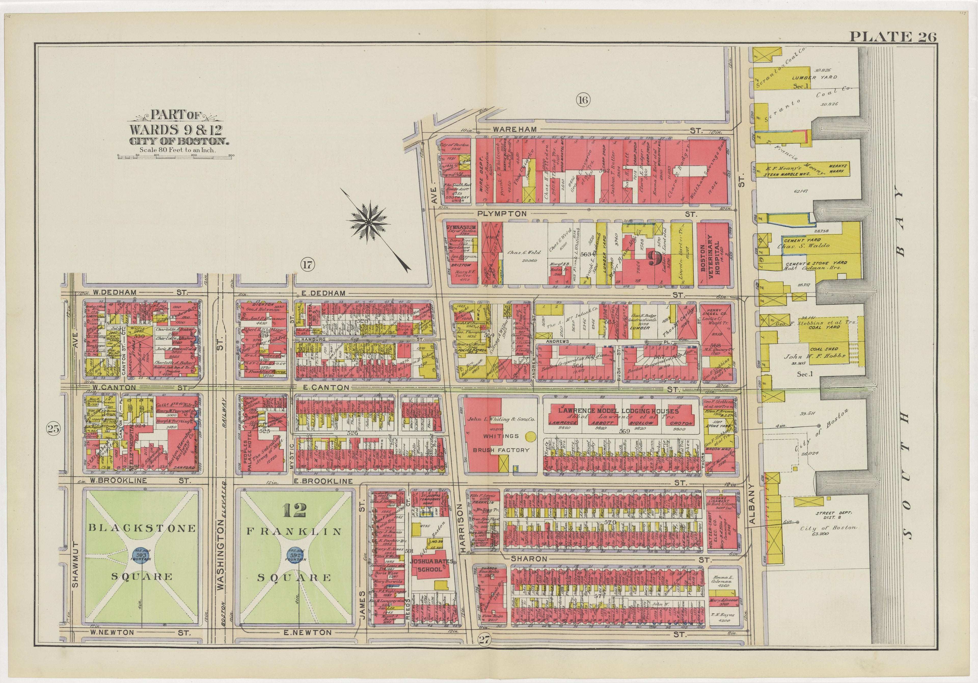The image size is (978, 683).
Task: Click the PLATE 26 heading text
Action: (893, 37)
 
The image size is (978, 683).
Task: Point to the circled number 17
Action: (307, 265)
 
